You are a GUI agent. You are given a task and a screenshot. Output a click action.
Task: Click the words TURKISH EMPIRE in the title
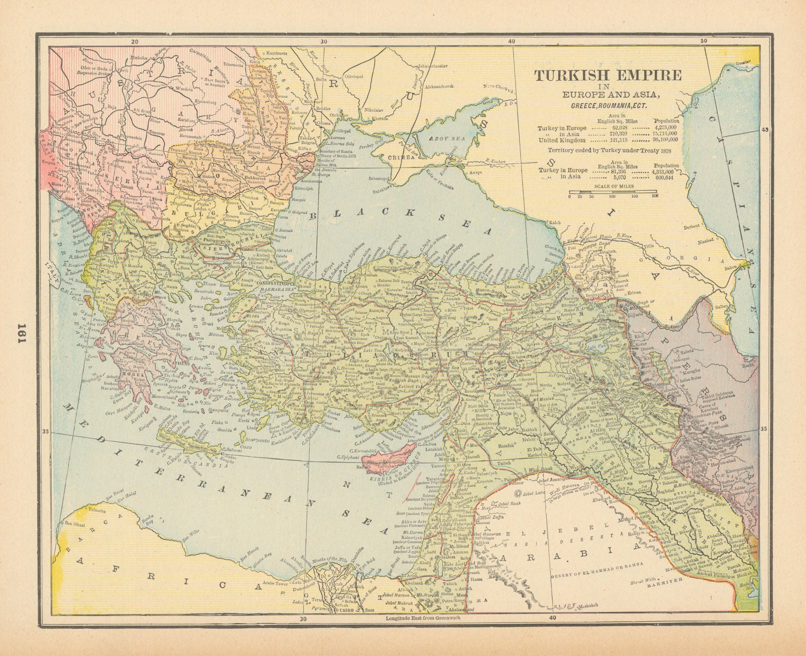(x=608, y=75)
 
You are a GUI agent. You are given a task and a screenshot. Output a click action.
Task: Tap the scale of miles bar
(x=612, y=192)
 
